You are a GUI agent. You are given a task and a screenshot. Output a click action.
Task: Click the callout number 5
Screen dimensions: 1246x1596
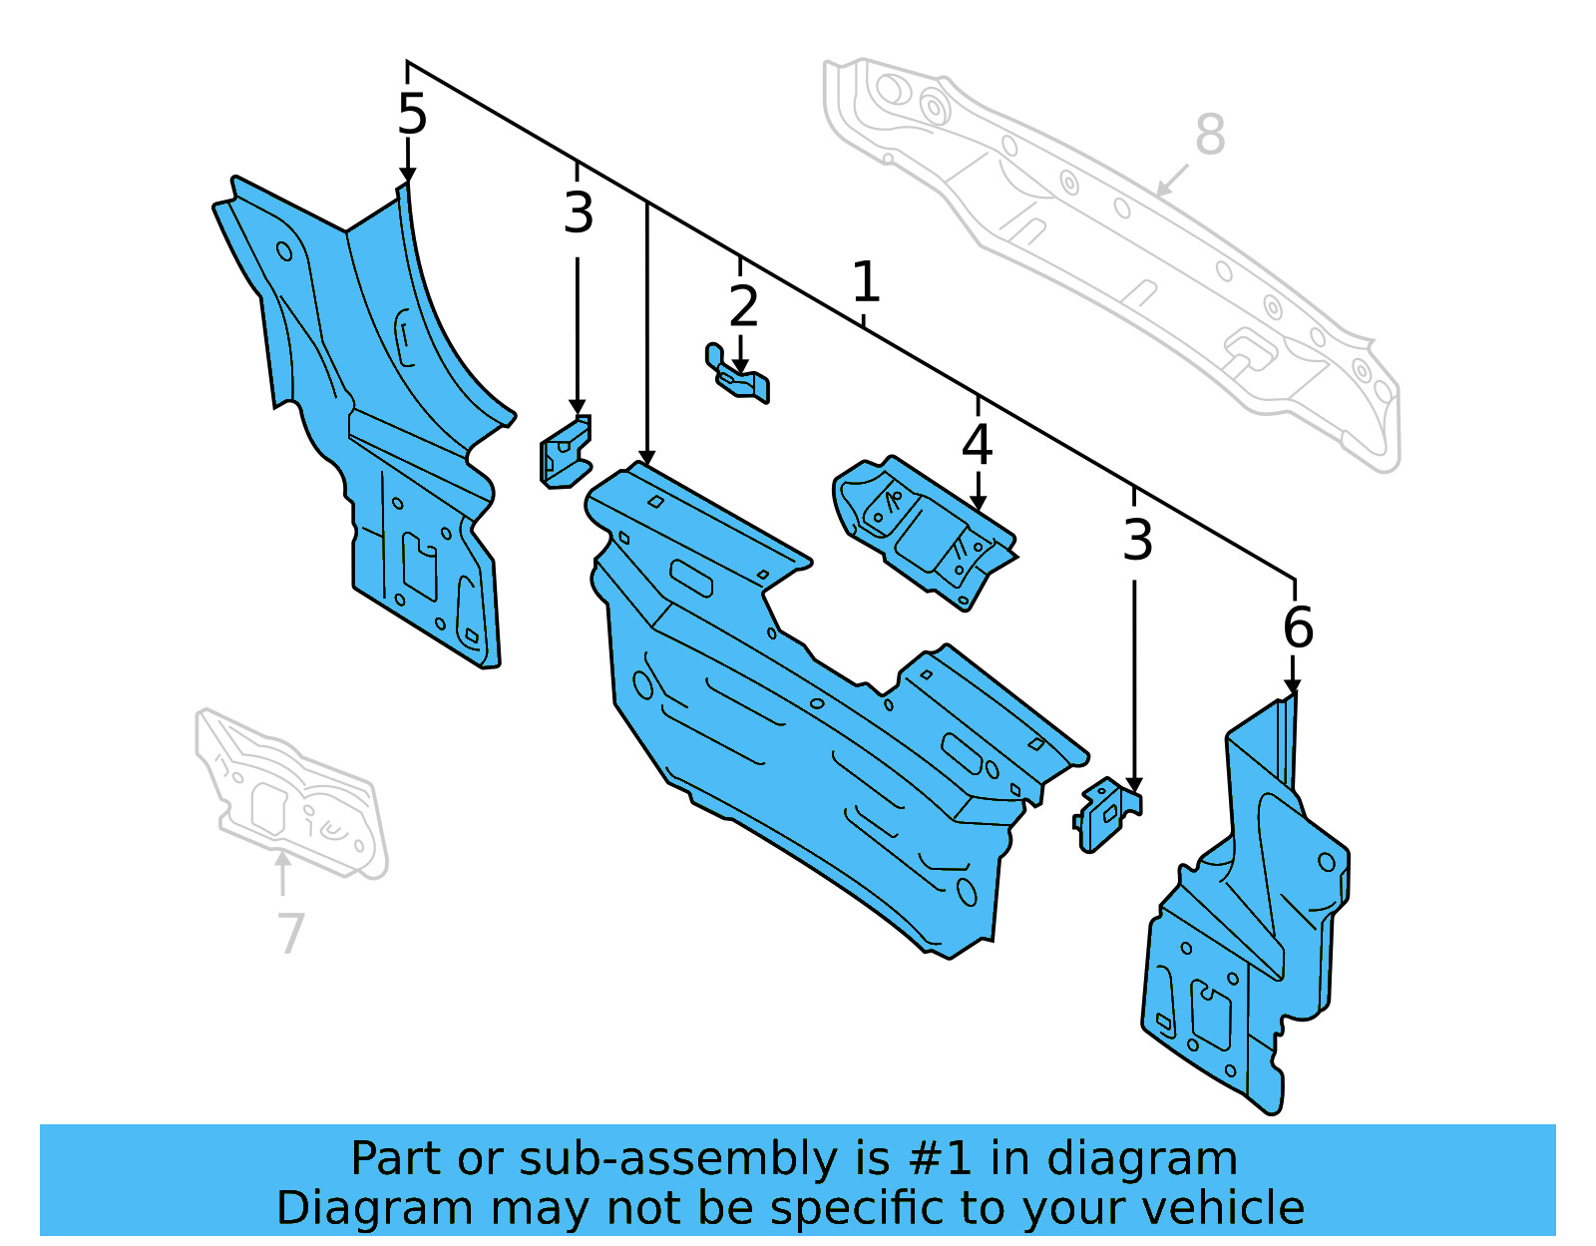[411, 115]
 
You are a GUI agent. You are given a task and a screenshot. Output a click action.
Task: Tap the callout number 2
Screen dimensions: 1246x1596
[743, 307]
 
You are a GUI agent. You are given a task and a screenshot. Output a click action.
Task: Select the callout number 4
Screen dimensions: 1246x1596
[977, 445]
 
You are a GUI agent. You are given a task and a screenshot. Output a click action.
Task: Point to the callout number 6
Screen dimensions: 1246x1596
[1298, 627]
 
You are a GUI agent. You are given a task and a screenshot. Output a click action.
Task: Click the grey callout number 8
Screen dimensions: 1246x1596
[1209, 136]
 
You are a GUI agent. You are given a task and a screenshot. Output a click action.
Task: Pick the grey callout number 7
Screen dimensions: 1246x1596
[289, 934]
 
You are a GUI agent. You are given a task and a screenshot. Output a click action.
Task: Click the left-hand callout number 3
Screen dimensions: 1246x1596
[578, 213]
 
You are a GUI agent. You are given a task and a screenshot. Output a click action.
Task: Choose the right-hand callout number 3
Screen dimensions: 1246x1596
[1137, 541]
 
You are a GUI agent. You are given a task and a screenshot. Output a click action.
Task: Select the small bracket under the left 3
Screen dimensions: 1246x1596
[565, 455]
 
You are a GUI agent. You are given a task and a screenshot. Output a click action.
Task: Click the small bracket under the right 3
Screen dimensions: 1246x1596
[1106, 814]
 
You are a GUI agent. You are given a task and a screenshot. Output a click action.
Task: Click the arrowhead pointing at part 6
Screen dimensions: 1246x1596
[1293, 688]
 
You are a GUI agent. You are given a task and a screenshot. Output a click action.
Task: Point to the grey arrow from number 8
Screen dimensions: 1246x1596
[1172, 182]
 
